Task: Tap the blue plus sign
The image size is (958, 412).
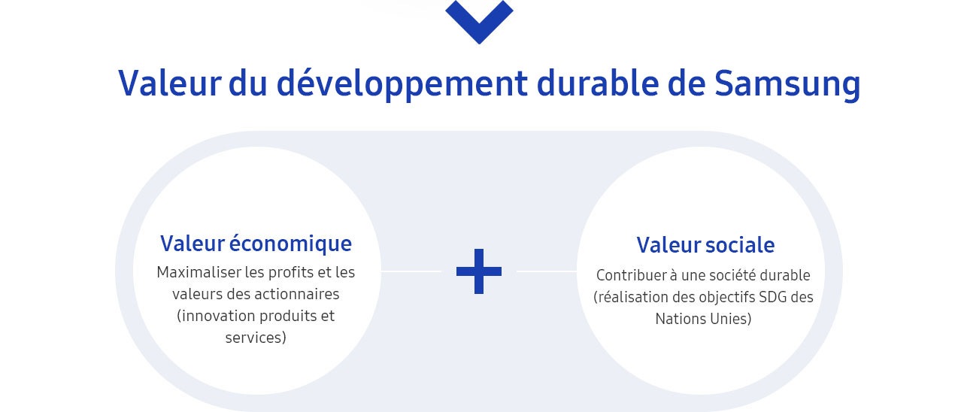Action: tap(479, 271)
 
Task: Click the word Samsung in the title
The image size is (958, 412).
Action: tap(787, 84)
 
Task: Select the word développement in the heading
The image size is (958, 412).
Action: tap(402, 84)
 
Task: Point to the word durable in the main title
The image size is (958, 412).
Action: tap(598, 83)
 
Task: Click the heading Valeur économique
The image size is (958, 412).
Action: tap(256, 244)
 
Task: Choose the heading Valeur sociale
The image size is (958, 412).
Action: tap(705, 245)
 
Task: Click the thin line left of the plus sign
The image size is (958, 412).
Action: tap(411, 271)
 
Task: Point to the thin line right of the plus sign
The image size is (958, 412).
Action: tap(547, 271)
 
